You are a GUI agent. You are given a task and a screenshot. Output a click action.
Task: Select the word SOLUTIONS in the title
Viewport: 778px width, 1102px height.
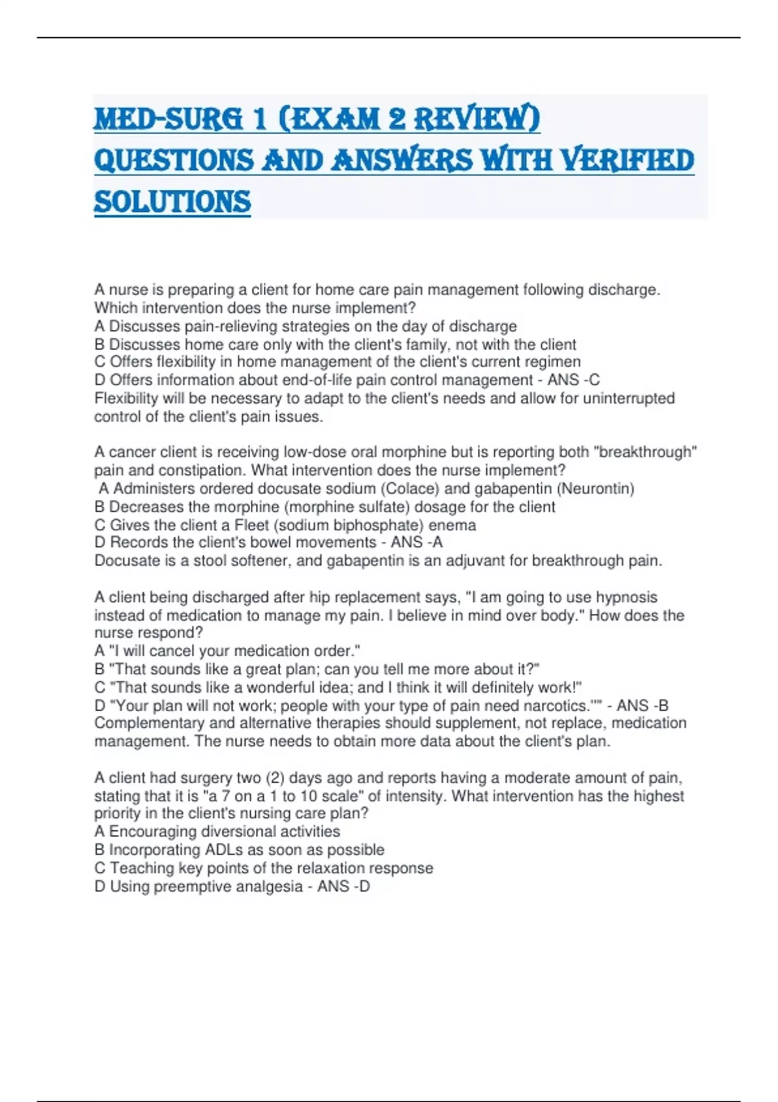172,202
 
